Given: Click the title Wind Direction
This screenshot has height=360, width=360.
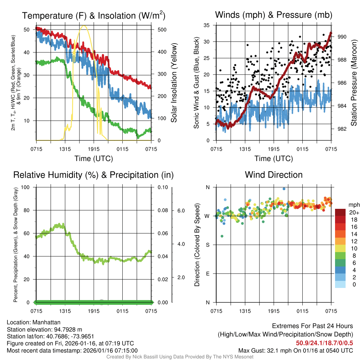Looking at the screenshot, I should click(274, 175).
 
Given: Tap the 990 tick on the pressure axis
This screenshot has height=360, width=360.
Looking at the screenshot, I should click(342, 37).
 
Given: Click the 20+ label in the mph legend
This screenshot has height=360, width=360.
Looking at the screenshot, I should click(354, 212).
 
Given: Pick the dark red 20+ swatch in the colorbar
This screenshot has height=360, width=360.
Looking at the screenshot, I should click(340, 212).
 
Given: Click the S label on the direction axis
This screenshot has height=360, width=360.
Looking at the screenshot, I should click(207, 245).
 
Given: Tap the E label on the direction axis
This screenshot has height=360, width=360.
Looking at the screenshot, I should click(207, 274).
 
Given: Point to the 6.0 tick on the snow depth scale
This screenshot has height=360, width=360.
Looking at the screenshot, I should click(180, 211).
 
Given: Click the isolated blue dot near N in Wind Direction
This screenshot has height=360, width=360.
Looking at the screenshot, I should click(284, 189).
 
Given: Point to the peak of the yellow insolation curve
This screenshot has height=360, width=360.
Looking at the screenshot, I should click(84, 25).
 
